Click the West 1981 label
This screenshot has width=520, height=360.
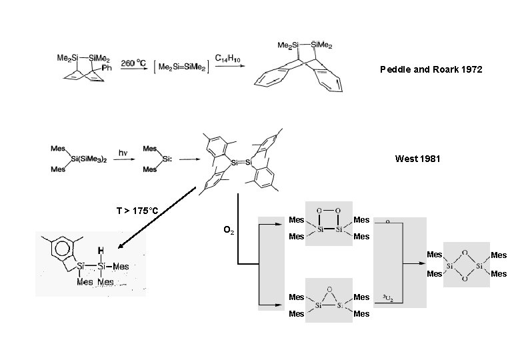tap(418, 159)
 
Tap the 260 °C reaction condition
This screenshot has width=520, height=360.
tap(133, 63)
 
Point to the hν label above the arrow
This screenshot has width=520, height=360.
tap(123, 153)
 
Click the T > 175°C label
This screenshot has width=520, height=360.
tap(137, 211)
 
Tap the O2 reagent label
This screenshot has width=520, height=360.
tap(229, 231)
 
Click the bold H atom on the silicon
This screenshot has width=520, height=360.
tap(100, 251)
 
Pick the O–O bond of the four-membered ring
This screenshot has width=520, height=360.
tap(329, 210)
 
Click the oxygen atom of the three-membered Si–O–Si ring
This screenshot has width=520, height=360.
tap(330, 290)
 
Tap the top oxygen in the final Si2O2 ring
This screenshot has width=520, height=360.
tap(465, 252)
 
